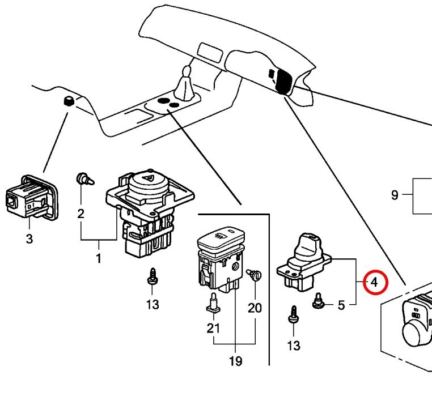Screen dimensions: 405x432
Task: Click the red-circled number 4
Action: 374,282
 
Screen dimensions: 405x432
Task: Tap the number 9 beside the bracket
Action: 395,196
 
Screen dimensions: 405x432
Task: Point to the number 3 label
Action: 29,238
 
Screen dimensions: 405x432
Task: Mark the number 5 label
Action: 341,305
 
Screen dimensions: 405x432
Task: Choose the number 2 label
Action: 81,214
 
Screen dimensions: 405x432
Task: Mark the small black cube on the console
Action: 69,101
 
